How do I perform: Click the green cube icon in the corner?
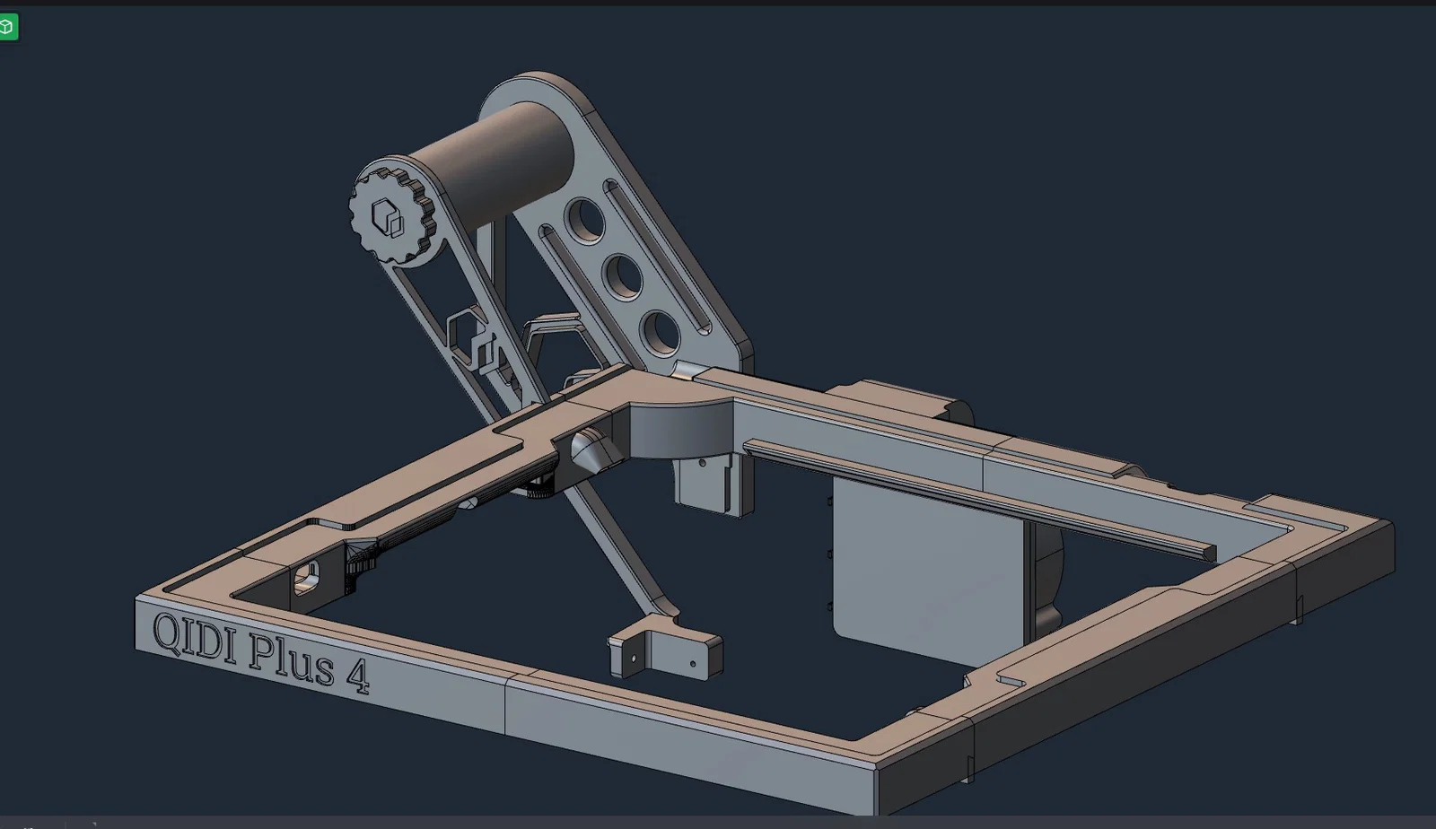click(x=8, y=27)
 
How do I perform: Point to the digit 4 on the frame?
click(x=358, y=677)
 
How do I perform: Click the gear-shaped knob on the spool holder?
click(x=391, y=216)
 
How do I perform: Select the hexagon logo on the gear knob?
click(x=387, y=217)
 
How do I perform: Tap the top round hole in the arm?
click(x=584, y=221)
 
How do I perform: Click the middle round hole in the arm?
click(x=622, y=276)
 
